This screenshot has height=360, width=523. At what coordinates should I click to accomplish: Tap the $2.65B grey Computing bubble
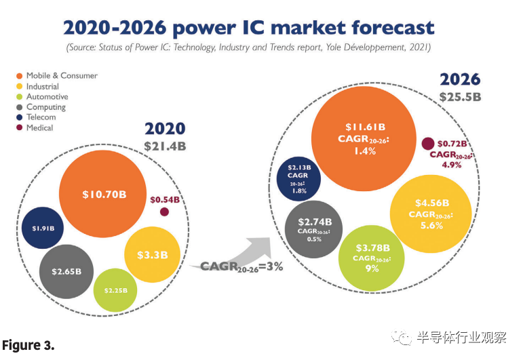pos(66,271)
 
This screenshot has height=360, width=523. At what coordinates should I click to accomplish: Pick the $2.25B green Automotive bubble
pos(115,290)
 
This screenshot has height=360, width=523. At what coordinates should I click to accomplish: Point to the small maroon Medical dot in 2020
pos(164,212)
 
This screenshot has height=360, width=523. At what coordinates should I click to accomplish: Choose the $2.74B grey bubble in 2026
pos(313,228)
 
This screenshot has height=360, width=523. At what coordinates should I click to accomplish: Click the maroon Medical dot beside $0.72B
pos(428,144)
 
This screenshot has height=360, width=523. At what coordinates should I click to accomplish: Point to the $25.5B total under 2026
pos(460,96)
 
